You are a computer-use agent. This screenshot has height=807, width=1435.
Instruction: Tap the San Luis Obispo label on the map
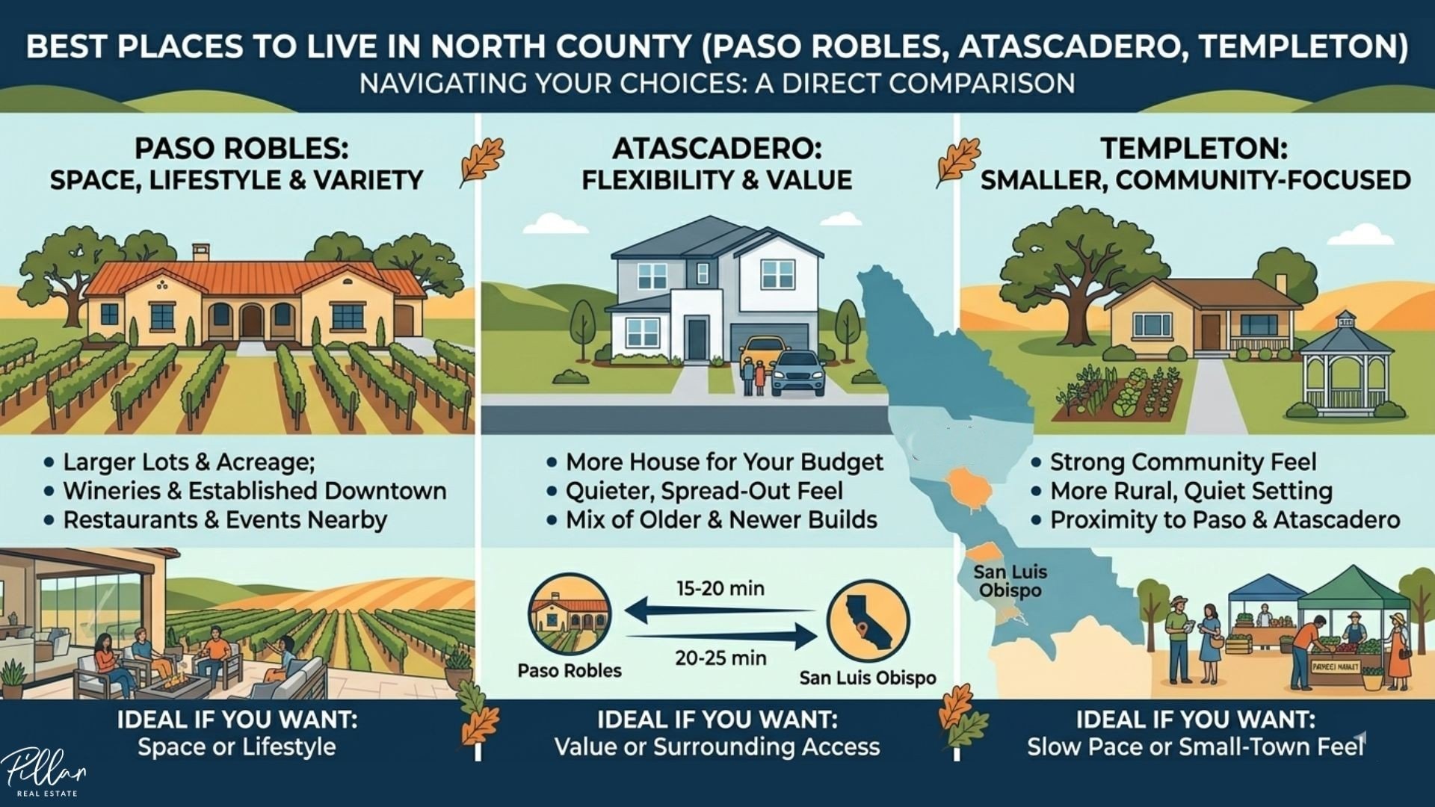point(1010,581)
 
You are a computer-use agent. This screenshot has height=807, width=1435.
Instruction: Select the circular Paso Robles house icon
point(570,614)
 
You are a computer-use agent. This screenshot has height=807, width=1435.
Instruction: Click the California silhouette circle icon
point(868,621)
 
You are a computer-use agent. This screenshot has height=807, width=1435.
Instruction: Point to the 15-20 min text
point(720,589)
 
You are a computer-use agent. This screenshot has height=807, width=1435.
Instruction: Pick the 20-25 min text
point(720,658)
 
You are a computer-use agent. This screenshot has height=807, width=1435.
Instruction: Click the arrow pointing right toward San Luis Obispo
point(722,637)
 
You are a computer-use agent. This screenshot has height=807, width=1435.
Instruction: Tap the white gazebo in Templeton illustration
point(1346,365)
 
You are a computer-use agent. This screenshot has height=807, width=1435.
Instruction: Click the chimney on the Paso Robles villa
point(200,252)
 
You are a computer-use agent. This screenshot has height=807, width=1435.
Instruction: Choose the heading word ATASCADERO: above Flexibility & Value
point(717,149)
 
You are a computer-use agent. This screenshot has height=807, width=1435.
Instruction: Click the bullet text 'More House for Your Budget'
point(724,462)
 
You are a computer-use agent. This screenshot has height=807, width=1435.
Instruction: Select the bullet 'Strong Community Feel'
point(1183,462)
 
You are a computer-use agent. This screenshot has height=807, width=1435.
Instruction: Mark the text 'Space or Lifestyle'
point(237,746)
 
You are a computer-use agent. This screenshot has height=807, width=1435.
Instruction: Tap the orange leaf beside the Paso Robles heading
point(481,161)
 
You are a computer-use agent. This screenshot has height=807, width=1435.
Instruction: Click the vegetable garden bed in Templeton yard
point(1119,393)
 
